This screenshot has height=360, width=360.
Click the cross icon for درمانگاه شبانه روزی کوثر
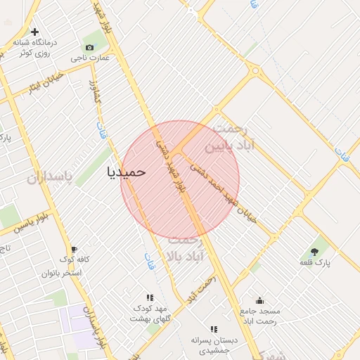[x=34, y=32]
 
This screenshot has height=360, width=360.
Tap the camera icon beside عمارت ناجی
[x=89, y=47]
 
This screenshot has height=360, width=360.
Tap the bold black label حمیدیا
[x=127, y=171]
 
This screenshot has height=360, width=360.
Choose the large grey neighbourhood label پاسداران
[x=50, y=179]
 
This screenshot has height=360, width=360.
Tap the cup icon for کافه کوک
[x=73, y=250]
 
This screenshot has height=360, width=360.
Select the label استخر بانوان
[x=62, y=272]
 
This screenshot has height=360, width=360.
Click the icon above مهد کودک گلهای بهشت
[x=149, y=298]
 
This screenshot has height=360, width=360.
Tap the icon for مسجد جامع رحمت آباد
[x=260, y=300]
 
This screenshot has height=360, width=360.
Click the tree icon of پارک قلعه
[x=314, y=251]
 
